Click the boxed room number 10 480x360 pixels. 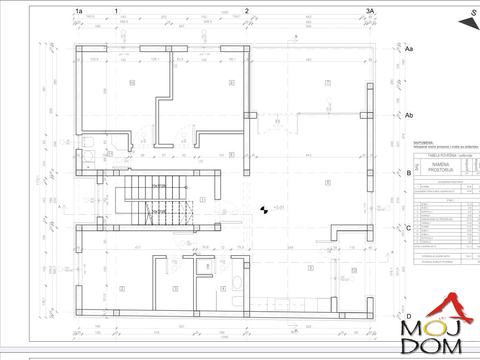click(132, 83)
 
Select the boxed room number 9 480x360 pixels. click(232, 82)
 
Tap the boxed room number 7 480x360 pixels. click(327, 82)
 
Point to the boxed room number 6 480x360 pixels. click(327, 183)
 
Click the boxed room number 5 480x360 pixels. click(311, 255)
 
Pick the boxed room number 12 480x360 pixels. click(354, 258)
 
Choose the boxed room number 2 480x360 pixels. click(122, 288)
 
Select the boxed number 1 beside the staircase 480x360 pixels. click(202, 199)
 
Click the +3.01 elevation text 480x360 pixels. click(279, 208)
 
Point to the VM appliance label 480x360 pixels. click(207, 268)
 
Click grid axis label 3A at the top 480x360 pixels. click(370, 10)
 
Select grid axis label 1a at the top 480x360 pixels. click(79, 10)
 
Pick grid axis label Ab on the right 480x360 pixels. click(409, 116)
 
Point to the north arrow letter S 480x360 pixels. click(474, 13)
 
